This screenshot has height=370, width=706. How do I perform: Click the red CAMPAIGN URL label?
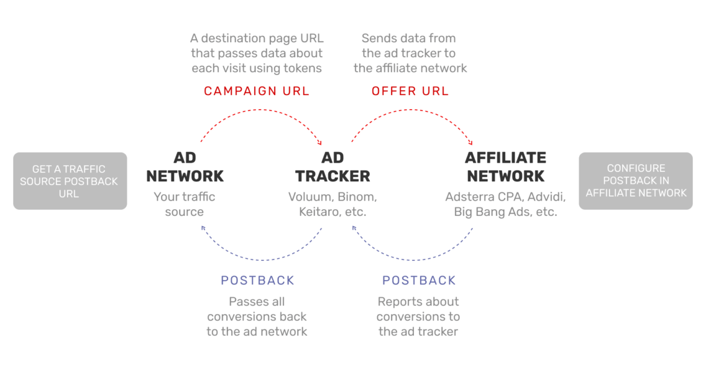pyautogui.click(x=256, y=91)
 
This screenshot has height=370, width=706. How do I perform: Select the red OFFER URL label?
pyautogui.click(x=410, y=91)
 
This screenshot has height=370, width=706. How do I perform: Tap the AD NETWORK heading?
pyautogui.click(x=185, y=167)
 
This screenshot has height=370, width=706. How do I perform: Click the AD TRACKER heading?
pyautogui.click(x=332, y=167)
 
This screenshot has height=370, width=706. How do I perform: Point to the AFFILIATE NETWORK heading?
pyautogui.click(x=506, y=167)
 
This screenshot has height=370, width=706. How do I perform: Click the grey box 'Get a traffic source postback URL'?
pyautogui.click(x=69, y=181)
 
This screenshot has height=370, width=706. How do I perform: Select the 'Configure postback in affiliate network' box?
pyautogui.click(x=636, y=180)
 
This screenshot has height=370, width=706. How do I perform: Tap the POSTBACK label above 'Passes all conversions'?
pyautogui.click(x=258, y=280)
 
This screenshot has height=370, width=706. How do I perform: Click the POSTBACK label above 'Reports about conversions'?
pyautogui.click(x=419, y=280)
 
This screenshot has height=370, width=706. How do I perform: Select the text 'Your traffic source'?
pyautogui.click(x=185, y=204)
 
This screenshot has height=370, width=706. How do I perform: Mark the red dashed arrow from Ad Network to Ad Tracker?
pyautogui.click(x=261, y=111)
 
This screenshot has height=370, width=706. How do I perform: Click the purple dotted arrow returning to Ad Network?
pyautogui.click(x=261, y=259)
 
